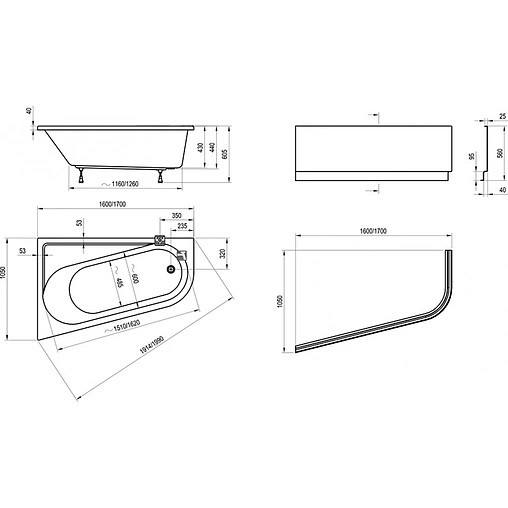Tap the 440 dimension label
[212, 147]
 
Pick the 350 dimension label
[176, 216]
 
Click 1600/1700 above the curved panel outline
[373, 232]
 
